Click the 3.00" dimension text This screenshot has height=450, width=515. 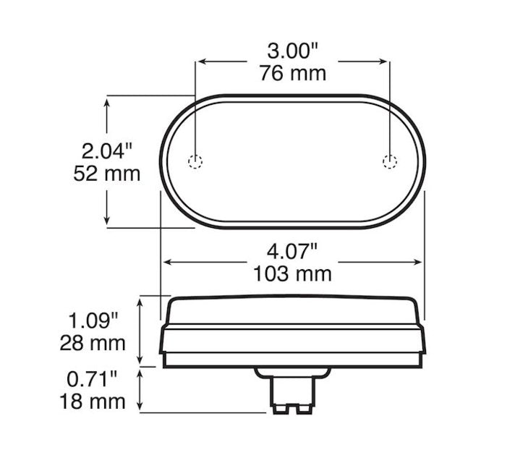click(x=292, y=51)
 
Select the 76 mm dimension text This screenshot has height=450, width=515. click(x=292, y=73)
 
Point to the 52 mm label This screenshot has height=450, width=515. click(x=107, y=174)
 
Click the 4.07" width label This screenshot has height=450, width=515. click(x=292, y=252)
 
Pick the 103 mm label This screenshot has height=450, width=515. click(x=292, y=273)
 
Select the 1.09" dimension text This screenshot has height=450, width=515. click(x=92, y=318)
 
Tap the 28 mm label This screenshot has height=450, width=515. click(x=92, y=341)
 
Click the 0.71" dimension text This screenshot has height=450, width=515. click(x=92, y=378)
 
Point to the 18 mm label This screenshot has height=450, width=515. click(x=92, y=401)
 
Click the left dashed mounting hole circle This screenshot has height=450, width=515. click(x=195, y=161)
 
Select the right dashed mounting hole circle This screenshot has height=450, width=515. click(x=390, y=161)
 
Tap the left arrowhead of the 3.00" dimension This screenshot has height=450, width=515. click(x=200, y=62)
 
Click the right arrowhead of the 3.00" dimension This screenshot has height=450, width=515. click(x=386, y=62)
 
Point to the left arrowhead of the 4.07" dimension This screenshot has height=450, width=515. click(x=166, y=262)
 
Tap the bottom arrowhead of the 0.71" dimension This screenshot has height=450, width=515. click(x=142, y=408)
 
